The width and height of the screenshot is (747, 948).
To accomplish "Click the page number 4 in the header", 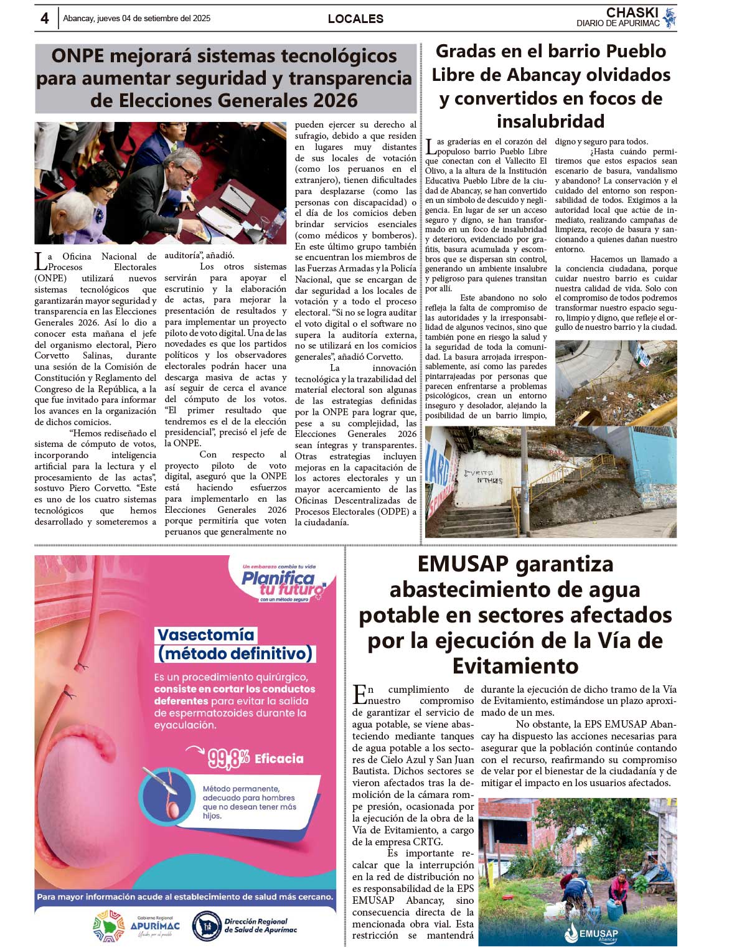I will pyautogui.click(x=44, y=19).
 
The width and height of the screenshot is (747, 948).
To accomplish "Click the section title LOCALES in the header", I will pyautogui.click(x=355, y=19).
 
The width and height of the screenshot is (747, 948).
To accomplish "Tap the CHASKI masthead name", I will pyautogui.click(x=632, y=12).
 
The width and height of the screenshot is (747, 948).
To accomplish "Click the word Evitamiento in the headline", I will pyautogui.click(x=515, y=666).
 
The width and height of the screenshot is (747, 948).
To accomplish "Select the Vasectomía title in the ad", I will pyautogui.click(x=206, y=635).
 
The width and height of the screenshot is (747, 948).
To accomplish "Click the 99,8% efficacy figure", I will pyautogui.click(x=228, y=759).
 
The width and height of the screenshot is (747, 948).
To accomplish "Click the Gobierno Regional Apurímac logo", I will pyautogui.click(x=136, y=926).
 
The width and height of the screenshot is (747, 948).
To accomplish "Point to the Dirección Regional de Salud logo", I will pyautogui.click(x=244, y=926).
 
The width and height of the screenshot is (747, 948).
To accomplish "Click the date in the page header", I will pyautogui.click(x=136, y=19).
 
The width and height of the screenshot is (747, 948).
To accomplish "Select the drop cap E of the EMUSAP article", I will pyautogui.click(x=359, y=694).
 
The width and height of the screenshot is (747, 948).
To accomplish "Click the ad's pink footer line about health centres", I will pyautogui.click(x=185, y=897).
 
